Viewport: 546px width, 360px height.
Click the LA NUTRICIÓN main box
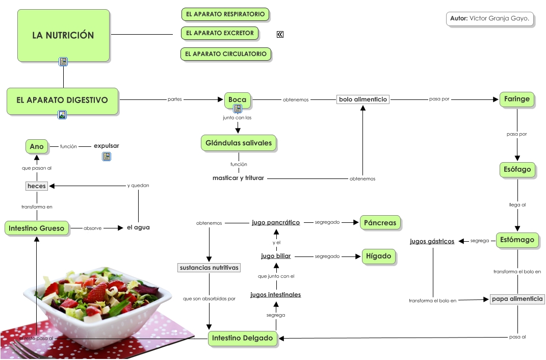(63, 35)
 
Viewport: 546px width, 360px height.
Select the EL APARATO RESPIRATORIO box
(225, 14)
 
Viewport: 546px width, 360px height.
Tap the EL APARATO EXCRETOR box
(220, 33)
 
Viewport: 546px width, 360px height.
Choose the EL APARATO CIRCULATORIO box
(225, 54)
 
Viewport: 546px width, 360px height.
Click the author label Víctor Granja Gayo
(490, 19)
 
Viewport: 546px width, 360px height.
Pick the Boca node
(238, 100)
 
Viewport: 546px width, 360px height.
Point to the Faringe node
(517, 99)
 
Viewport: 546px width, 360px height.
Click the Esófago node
(517, 169)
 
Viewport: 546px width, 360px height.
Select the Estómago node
(517, 240)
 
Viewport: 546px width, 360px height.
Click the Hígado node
(378, 256)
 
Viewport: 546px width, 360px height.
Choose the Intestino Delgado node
(243, 338)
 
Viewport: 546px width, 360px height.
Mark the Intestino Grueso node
(37, 228)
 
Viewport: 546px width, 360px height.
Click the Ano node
(37, 146)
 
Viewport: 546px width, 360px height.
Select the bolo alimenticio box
(363, 99)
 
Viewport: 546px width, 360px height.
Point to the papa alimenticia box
(517, 299)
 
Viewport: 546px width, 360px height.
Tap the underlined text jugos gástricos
(432, 241)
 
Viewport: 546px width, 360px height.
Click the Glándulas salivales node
(239, 143)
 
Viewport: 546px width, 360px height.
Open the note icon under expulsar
(107, 157)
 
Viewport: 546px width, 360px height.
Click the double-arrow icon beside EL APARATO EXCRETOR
(280, 34)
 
